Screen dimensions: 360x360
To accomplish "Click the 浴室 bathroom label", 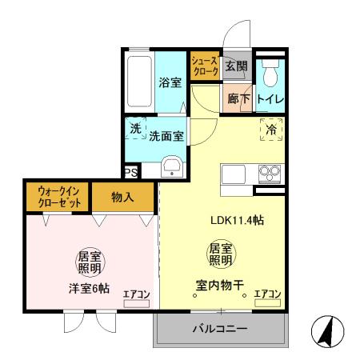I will coord(169,81).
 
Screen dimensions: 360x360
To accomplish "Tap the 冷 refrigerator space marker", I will coord(270,129).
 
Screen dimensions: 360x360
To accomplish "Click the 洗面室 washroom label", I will coord(166,136).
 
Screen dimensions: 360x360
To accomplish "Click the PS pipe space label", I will coord(130,172).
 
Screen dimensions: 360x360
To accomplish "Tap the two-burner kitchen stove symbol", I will coord(267,172).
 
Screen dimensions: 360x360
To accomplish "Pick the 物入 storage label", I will coord(122,197).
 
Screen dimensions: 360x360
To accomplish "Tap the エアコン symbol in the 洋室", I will coord(137,298).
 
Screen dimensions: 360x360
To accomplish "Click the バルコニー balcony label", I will coord(219,329).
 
